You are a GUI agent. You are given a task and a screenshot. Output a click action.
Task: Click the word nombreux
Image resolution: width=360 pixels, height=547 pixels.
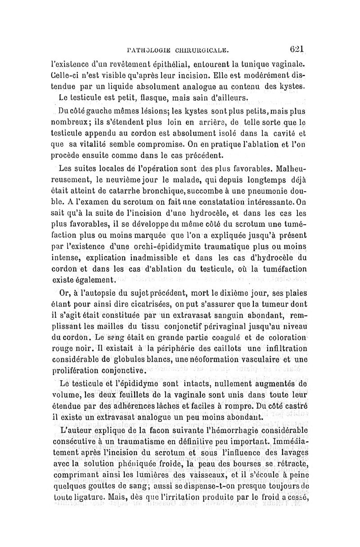(x=73, y=122)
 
